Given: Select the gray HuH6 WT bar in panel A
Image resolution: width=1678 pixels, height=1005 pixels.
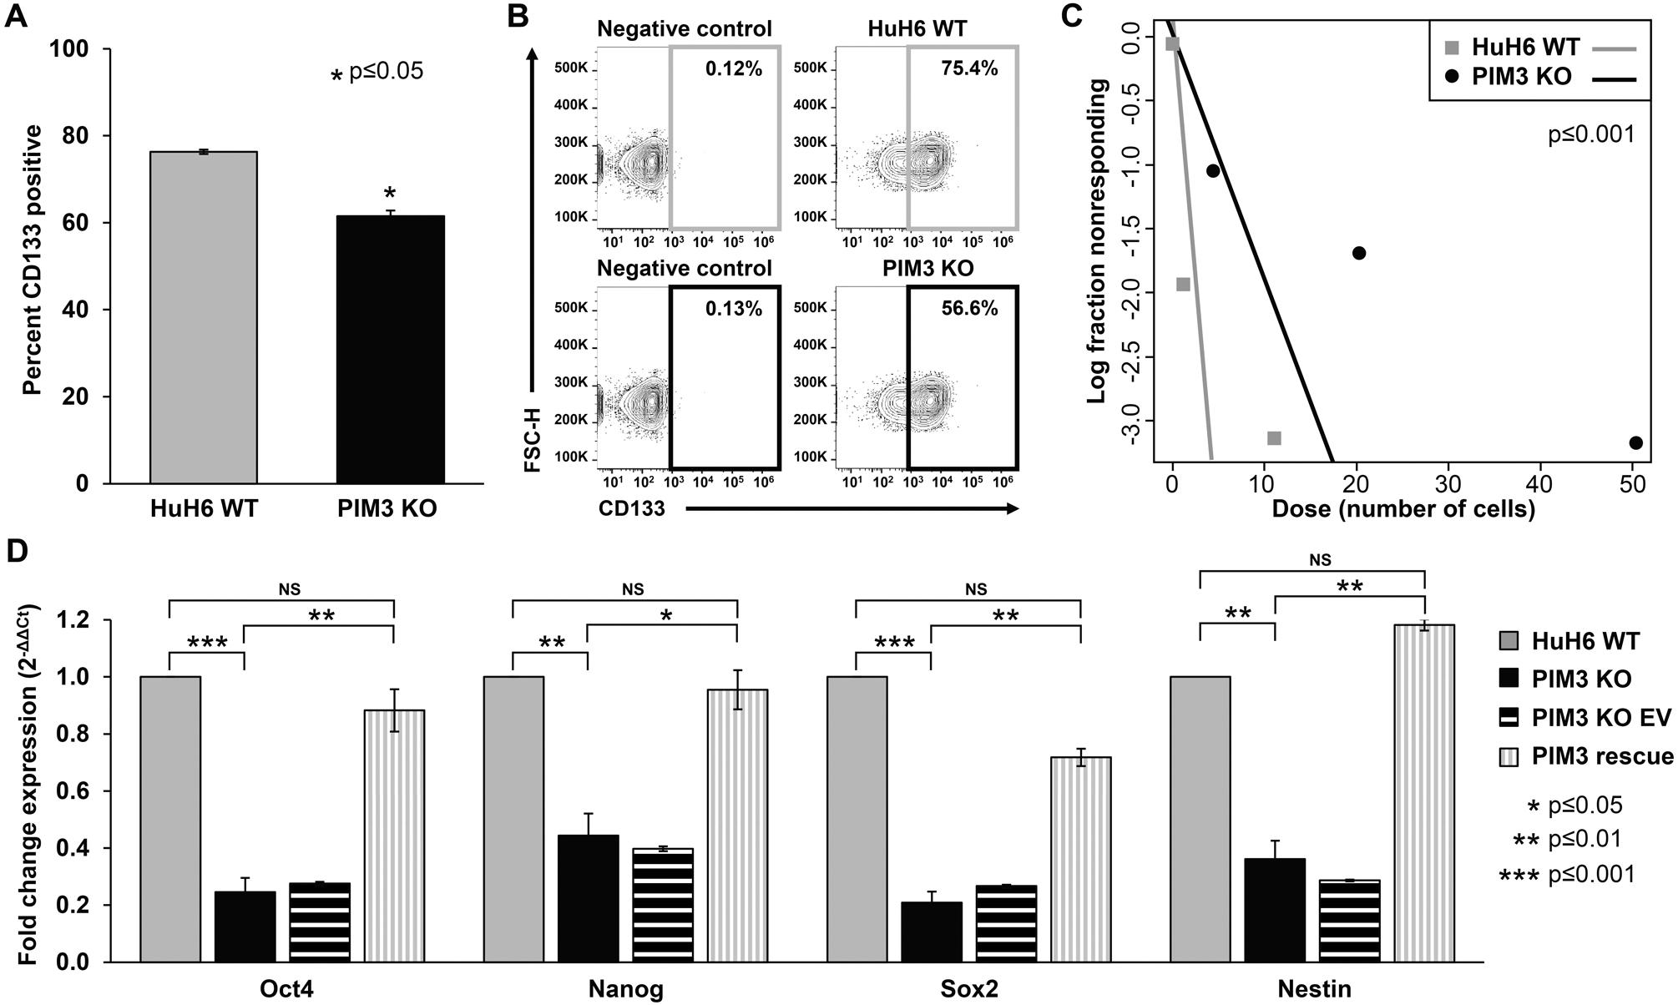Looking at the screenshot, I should coord(203,317).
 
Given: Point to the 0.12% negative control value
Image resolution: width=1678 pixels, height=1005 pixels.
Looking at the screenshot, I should coord(733,68).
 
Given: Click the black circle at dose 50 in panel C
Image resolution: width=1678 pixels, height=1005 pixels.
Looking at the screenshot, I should coord(1635,442).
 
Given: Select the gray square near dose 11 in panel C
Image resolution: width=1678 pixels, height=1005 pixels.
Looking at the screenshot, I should coord(1274,438).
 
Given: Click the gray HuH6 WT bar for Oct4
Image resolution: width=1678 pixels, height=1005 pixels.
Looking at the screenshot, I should coord(170,819).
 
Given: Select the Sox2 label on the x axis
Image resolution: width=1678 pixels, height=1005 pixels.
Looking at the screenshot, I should coord(968,989).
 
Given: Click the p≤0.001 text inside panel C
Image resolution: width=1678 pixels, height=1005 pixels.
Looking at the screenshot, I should coord(1590,134).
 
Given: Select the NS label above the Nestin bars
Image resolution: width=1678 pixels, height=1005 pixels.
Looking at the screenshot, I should coord(1320,560).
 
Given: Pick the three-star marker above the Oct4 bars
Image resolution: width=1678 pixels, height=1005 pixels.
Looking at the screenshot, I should coord(206,644).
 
